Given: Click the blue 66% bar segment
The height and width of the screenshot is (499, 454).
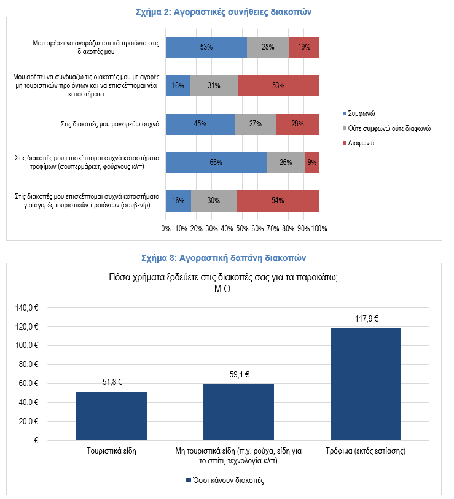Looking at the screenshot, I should (x=216, y=163).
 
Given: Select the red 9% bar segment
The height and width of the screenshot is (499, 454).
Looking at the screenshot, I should (x=312, y=163).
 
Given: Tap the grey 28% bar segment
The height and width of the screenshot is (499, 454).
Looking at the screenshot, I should (x=268, y=47).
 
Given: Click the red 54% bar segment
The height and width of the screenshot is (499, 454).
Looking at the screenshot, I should (x=278, y=201).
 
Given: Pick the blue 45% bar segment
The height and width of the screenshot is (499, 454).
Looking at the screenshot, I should (x=200, y=124).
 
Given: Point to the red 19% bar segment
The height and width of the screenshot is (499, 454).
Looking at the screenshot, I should (x=304, y=47).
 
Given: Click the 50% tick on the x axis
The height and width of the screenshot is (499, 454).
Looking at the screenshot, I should (x=242, y=228).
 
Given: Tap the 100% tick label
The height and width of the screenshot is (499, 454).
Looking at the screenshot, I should (x=319, y=228).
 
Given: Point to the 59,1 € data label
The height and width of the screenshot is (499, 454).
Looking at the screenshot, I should (x=239, y=374).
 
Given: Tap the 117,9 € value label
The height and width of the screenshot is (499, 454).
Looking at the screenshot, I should (x=366, y=319).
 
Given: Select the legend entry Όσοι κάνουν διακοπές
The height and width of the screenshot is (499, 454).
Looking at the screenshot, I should (x=225, y=480).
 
